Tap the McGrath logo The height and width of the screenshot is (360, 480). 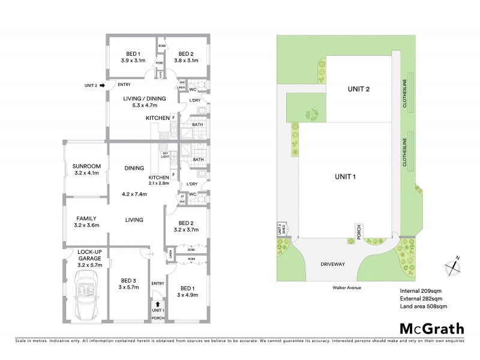point(431,328)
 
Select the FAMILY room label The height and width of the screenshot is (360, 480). point(86,218)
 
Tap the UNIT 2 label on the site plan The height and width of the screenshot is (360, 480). point(358,89)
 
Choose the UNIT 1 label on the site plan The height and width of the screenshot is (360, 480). point(346,176)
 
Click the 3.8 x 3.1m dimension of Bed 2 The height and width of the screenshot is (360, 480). point(187,60)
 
